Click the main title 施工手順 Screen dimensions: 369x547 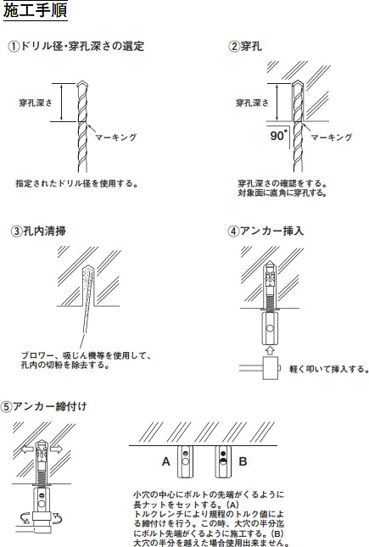point(35,10)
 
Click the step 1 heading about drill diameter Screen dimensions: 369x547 point(76,46)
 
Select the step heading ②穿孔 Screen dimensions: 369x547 point(245,46)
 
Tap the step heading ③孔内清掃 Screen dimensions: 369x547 point(39,231)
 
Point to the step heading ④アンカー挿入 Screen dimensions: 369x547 point(266,231)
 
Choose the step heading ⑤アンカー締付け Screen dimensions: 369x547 point(43,406)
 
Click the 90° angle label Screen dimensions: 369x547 point(279,135)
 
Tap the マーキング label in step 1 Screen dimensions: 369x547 point(116,137)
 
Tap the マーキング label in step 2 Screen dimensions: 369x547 point(332,137)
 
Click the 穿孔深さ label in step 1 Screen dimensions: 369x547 point(36,103)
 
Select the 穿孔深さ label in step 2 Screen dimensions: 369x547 point(253,103)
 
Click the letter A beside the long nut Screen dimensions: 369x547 point(166,461)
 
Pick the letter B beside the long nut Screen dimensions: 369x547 point(243,461)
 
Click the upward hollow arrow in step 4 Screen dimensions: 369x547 point(271,350)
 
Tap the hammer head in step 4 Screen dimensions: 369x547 point(271,368)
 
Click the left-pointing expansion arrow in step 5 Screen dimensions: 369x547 point(28,449)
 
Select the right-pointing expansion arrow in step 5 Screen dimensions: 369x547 point(55,449)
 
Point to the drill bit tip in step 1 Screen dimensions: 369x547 point(82,81)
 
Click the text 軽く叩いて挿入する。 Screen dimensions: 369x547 point(329,369)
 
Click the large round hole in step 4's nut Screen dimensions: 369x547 point(271,328)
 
